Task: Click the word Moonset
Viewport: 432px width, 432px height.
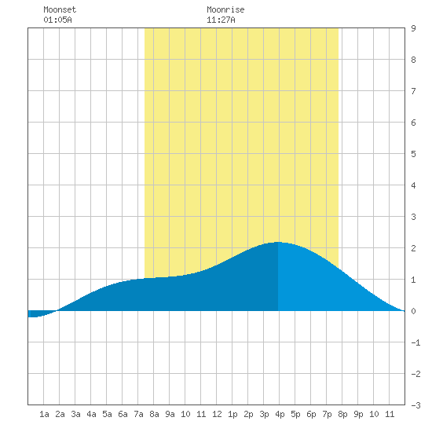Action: [60, 9]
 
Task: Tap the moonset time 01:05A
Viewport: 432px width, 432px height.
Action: [57, 20]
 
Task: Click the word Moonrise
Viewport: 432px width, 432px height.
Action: [225, 9]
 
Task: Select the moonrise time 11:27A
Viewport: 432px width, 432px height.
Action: [221, 20]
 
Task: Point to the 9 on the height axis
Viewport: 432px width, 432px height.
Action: [413, 28]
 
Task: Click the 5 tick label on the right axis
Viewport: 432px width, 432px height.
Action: [413, 154]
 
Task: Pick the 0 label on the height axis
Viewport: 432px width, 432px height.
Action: [413, 311]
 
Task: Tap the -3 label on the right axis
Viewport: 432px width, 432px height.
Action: [416, 405]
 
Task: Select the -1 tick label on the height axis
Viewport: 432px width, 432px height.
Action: [416, 342]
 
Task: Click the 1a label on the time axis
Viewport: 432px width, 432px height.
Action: [44, 414]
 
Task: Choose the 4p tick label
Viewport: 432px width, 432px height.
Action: [280, 414]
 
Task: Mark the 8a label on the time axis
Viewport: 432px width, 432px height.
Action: [154, 414]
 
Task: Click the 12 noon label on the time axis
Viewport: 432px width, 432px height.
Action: [217, 414]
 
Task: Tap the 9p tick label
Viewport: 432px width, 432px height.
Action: [358, 414]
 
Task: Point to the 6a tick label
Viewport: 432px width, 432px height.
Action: [123, 414]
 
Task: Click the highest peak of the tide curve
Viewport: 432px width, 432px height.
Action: [278, 242]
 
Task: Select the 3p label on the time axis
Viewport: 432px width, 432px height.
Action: [264, 414]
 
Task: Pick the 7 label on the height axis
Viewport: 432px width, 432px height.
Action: [413, 91]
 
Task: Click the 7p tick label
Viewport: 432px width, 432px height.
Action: [327, 414]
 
